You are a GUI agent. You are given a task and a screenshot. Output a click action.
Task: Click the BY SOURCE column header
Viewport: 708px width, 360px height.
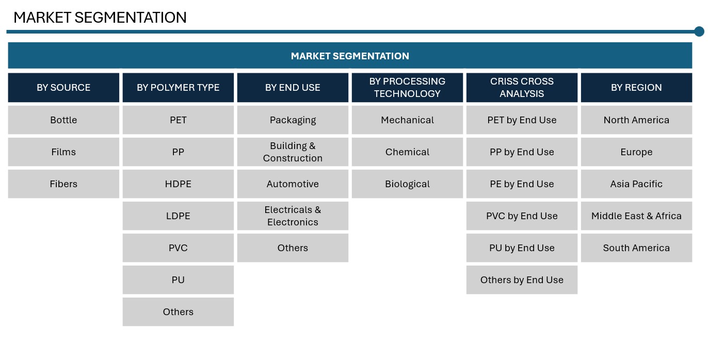coord(63,88)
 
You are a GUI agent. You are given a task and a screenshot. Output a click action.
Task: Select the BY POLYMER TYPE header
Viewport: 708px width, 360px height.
coord(178,88)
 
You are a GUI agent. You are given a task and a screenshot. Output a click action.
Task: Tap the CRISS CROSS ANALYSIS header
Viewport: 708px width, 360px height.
coord(522,88)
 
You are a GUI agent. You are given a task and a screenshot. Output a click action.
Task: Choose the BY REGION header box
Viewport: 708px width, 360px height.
coord(637,88)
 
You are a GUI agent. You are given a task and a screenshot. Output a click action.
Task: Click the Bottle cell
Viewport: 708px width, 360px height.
coord(63,120)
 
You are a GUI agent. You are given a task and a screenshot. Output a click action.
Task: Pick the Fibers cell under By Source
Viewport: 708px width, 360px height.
coord(63,184)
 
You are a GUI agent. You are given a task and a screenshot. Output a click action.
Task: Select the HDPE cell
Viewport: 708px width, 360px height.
coord(178,184)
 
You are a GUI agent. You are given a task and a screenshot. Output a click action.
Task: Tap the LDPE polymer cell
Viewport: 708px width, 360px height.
coord(178,216)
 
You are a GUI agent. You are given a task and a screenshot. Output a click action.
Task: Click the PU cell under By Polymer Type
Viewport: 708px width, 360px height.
coord(178,280)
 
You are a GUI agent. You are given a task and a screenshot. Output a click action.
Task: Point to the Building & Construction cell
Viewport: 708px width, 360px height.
coord(293,152)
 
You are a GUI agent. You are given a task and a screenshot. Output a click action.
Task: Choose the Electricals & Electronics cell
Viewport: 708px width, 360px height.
coord(293,216)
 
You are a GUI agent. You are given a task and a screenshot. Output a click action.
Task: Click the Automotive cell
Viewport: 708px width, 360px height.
coord(293,184)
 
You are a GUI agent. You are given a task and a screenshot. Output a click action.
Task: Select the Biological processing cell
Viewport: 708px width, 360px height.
coord(408,184)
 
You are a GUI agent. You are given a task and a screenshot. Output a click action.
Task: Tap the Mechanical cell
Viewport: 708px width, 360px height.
coord(408,120)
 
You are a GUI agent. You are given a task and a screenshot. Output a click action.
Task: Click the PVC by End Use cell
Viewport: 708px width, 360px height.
coord(522,216)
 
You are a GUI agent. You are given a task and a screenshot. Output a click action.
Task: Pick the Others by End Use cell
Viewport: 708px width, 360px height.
coord(522,280)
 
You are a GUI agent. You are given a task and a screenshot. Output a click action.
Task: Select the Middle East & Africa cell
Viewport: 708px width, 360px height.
coord(637,216)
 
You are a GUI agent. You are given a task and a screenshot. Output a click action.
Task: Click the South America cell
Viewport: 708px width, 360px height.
coord(637,248)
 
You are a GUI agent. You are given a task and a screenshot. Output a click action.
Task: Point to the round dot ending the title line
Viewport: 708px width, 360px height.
coord(699,31)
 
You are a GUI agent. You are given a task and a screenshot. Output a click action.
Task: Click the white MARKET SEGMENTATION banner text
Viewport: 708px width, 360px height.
coord(350,56)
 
